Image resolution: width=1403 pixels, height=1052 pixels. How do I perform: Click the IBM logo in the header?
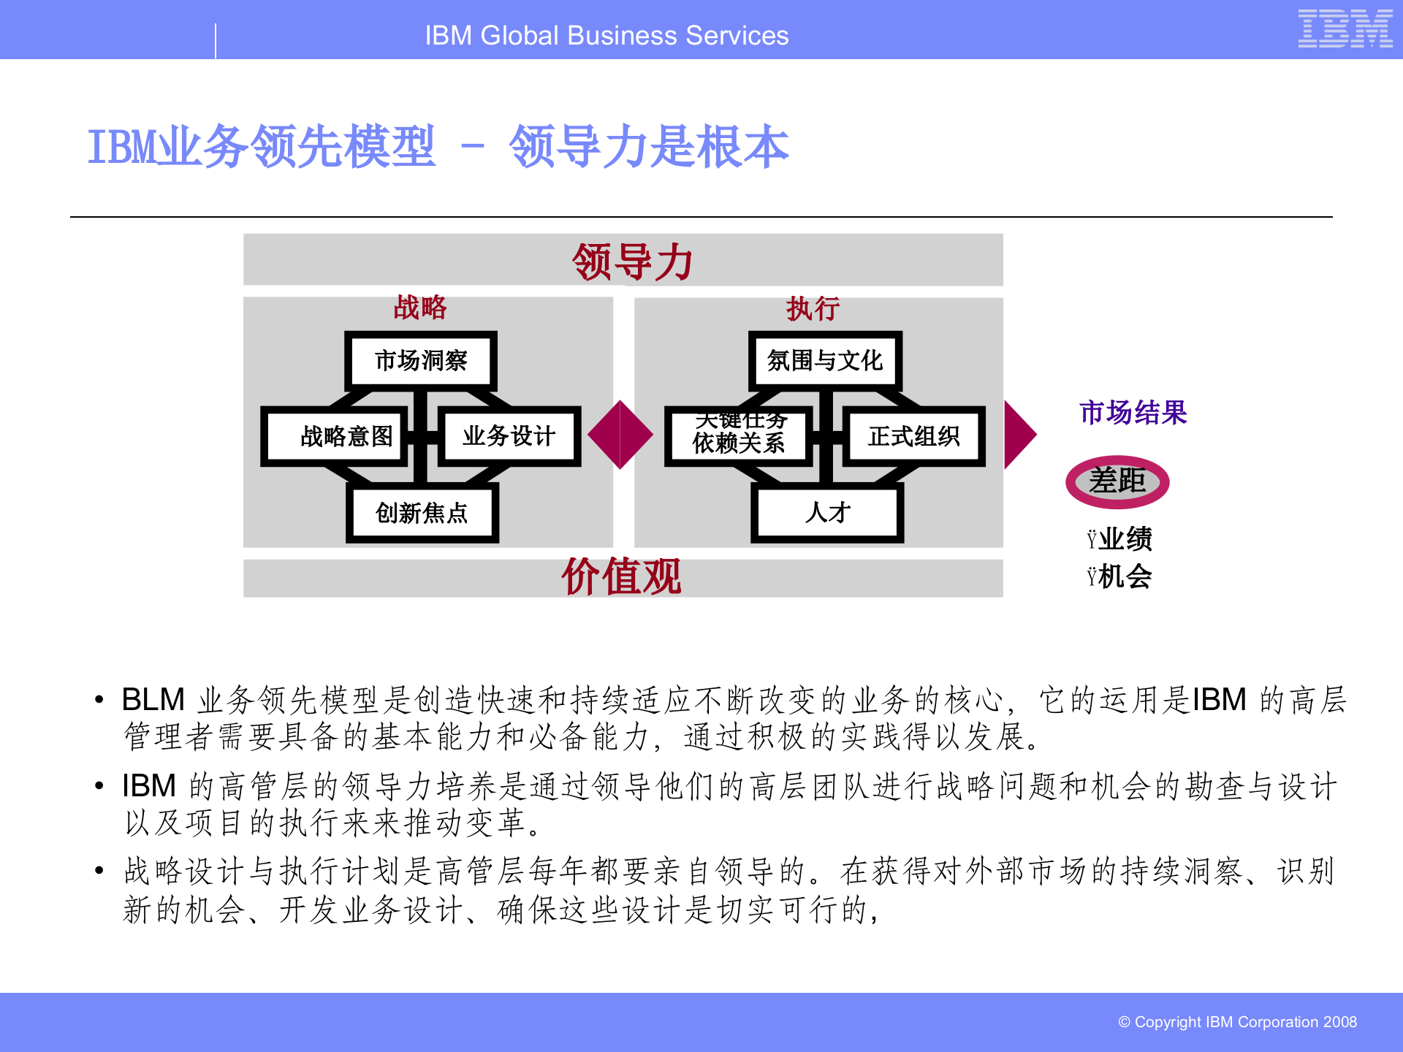pyautogui.click(x=1345, y=29)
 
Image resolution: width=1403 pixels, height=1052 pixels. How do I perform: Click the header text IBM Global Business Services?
pyautogui.click(x=607, y=36)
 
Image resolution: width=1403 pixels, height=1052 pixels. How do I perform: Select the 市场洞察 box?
pyautogui.click(x=421, y=360)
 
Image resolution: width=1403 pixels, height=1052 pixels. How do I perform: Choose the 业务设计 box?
pyautogui.click(x=509, y=436)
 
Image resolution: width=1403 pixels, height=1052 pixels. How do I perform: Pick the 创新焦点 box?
pyautogui.click(x=422, y=513)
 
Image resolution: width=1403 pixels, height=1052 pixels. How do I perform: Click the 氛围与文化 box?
pyautogui.click(x=825, y=360)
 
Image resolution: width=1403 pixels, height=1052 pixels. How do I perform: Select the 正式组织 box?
pyautogui.click(x=913, y=436)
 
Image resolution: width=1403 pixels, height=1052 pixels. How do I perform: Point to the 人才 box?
pyautogui.click(x=827, y=513)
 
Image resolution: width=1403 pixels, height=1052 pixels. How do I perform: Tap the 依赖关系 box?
pyautogui.click(x=739, y=437)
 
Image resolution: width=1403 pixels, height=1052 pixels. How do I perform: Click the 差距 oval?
pyautogui.click(x=1117, y=481)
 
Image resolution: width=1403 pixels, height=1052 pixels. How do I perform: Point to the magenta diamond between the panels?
pyautogui.click(x=620, y=435)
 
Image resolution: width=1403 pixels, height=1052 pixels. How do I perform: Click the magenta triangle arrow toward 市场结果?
pyautogui.click(x=1019, y=435)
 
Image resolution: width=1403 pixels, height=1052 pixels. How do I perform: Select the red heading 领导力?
pyautogui.click(x=632, y=262)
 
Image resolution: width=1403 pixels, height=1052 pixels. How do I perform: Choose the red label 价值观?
pyautogui.click(x=621, y=577)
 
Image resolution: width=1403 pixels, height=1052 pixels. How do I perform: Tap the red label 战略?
pyautogui.click(x=419, y=308)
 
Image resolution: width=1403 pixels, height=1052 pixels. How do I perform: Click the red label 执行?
pyautogui.click(x=813, y=309)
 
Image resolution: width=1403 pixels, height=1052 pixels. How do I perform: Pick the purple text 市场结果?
pyautogui.click(x=1133, y=413)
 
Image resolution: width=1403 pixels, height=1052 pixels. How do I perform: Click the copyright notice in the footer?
pyautogui.click(x=1237, y=1022)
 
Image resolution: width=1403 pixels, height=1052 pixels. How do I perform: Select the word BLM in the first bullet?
pyautogui.click(x=153, y=699)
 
